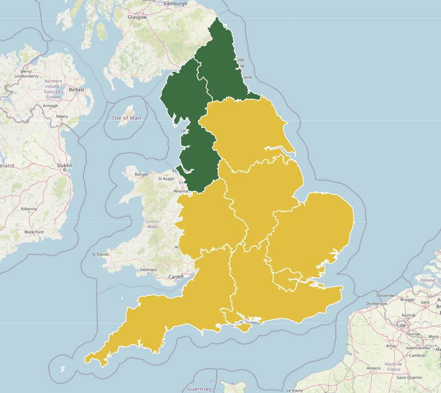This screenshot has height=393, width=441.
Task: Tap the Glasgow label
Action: coord(137,17)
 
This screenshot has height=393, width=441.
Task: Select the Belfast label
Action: coord(76,90)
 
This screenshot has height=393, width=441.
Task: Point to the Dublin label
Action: coord(65,165)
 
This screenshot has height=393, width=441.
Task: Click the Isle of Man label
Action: coord(126,118)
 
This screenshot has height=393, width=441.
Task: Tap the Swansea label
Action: coord(148,270)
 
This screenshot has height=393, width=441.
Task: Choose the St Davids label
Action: coord(100,254)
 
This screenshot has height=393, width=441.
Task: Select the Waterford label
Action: coord(34,232)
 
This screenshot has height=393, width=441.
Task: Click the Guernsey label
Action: coord(199,388)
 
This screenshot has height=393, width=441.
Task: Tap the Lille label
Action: coord(401,325)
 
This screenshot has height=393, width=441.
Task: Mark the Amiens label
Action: coord(373,368)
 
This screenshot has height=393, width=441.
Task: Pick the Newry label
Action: coord(62,117)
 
